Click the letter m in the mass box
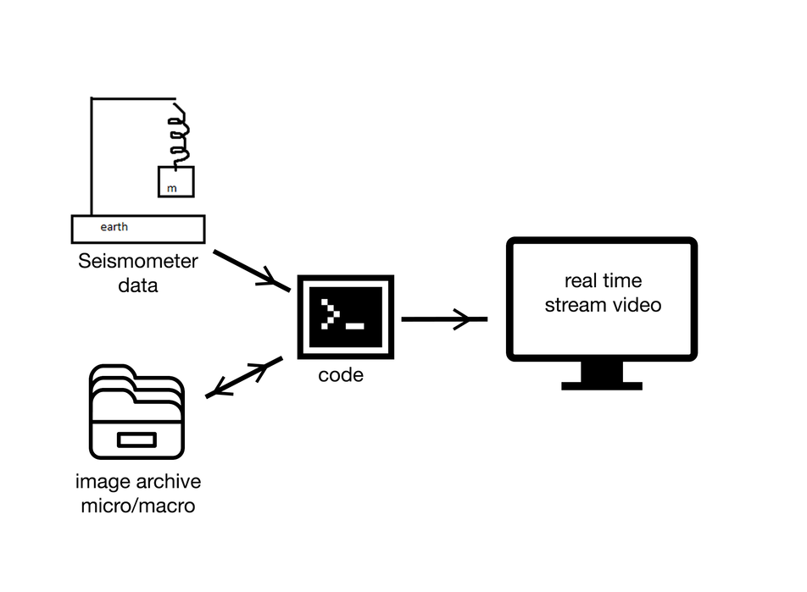pyautogui.click(x=172, y=188)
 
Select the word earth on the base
pyautogui.click(x=114, y=227)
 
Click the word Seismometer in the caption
pyautogui.click(x=137, y=262)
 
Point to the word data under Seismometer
pyautogui.click(x=137, y=285)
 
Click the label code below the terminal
pyautogui.click(x=341, y=374)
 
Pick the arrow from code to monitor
pyautogui.click(x=443, y=319)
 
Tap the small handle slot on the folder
pyautogui.click(x=136, y=440)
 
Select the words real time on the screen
pyautogui.click(x=603, y=281)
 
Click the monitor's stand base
pyautogui.click(x=602, y=385)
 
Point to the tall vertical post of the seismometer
pyautogui.click(x=91, y=157)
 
